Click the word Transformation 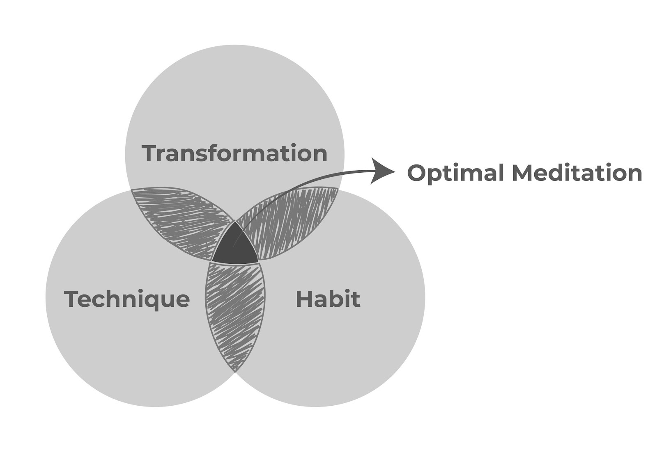[234, 153]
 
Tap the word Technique [127, 299]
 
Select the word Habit [328, 299]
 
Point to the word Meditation [577, 173]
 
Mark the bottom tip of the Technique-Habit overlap [235, 370]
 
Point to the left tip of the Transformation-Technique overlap [131, 190]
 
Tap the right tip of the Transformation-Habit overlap [338, 189]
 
